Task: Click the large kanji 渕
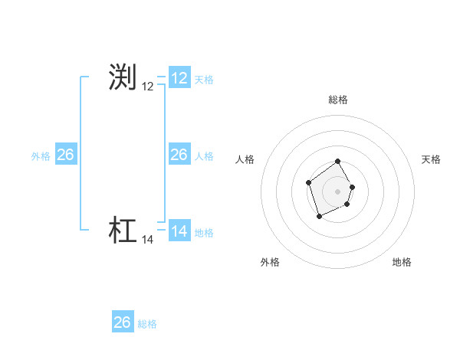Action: pyautogui.click(x=123, y=77)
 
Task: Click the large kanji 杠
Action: pyautogui.click(x=123, y=231)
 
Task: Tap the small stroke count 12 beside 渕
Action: pyautogui.click(x=148, y=87)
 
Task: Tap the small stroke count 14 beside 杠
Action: pyautogui.click(x=148, y=240)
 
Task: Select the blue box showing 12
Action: pyautogui.click(x=179, y=78)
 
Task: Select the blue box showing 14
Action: pyautogui.click(x=179, y=231)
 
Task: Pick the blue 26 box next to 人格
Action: pyautogui.click(x=179, y=155)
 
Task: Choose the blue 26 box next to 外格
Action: pyautogui.click(x=66, y=155)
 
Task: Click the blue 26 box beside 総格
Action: pyautogui.click(x=123, y=322)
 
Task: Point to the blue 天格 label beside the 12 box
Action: pyautogui.click(x=204, y=79)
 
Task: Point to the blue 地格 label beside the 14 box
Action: pyautogui.click(x=204, y=232)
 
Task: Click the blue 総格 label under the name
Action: pyautogui.click(x=147, y=324)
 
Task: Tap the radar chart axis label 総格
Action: pyautogui.click(x=337, y=100)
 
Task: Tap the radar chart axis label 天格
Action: pyautogui.click(x=431, y=159)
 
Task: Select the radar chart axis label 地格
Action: pyautogui.click(x=402, y=262)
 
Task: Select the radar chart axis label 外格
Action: pyautogui.click(x=270, y=262)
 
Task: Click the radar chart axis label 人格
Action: pyautogui.click(x=245, y=159)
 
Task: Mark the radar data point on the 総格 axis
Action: pyautogui.click(x=337, y=162)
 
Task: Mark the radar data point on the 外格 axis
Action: pyautogui.click(x=320, y=217)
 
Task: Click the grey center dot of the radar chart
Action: pyautogui.click(x=337, y=191)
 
